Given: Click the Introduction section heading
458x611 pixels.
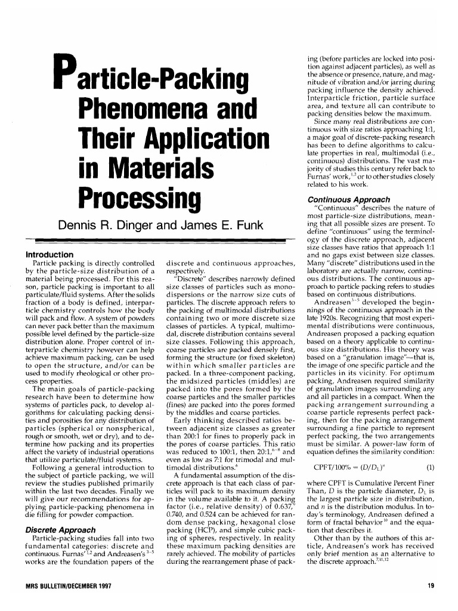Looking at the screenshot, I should (x=46, y=254).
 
